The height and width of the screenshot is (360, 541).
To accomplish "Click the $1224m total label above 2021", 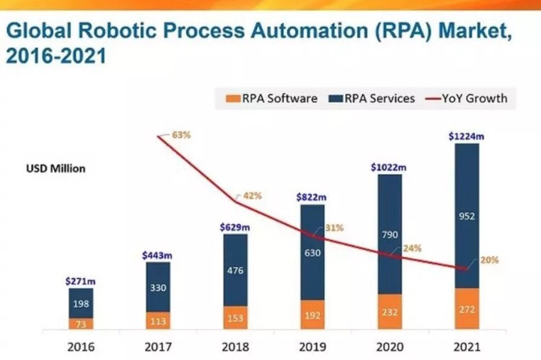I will click(x=466, y=137).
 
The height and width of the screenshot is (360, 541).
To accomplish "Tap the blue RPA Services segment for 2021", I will click(x=466, y=215).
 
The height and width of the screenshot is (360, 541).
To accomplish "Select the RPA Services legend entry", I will click(x=373, y=99).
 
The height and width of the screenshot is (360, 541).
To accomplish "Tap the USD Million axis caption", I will click(x=56, y=169).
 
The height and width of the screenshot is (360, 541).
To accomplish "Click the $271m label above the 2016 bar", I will click(x=80, y=281).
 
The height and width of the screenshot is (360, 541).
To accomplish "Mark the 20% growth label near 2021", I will click(x=489, y=261).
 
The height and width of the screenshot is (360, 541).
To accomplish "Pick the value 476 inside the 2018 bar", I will click(x=235, y=270).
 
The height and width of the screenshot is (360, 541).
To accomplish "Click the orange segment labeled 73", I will click(x=80, y=323).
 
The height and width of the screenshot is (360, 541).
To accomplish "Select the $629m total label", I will click(x=235, y=227).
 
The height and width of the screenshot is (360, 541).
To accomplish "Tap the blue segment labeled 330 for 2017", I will click(x=158, y=287).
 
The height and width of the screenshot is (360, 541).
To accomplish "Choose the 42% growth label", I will click(x=253, y=195).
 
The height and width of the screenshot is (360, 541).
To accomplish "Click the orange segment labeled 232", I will click(x=389, y=312).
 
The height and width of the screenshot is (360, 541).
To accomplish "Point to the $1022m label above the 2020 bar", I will click(x=389, y=167).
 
